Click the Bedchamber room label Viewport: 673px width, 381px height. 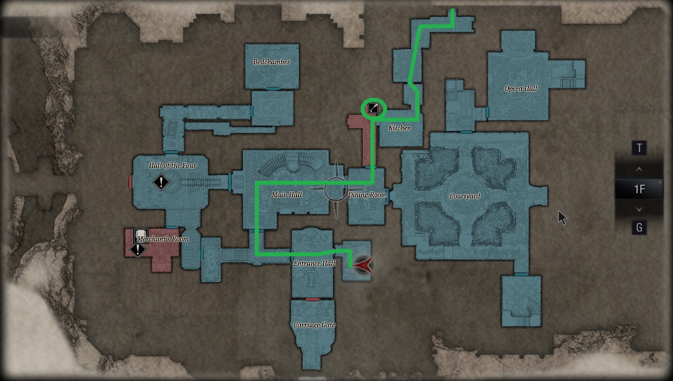pyautogui.click(x=271, y=62)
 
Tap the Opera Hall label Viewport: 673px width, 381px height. pyautogui.click(x=521, y=89)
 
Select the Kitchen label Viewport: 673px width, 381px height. pyautogui.click(x=399, y=128)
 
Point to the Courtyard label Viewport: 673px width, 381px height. pyautogui.click(x=464, y=196)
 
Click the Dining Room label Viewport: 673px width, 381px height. pyautogui.click(x=367, y=195)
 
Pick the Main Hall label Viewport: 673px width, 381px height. pyautogui.click(x=287, y=195)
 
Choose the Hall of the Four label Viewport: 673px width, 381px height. pyautogui.click(x=172, y=165)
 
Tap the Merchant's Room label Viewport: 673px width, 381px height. pyautogui.click(x=163, y=239)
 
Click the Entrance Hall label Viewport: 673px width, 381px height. pyautogui.click(x=314, y=263)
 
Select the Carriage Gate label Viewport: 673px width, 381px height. pyautogui.click(x=314, y=325)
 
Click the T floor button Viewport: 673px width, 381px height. pyautogui.click(x=639, y=148)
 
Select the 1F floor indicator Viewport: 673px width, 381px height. pyautogui.click(x=639, y=189)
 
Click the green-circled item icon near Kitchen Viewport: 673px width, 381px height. pyautogui.click(x=373, y=108)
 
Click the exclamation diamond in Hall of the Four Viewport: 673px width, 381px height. pyautogui.click(x=161, y=182)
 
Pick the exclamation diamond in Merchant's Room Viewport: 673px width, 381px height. pyautogui.click(x=137, y=250)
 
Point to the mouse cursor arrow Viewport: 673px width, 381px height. pyautogui.click(x=562, y=217)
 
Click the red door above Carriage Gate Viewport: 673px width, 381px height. pyautogui.click(x=312, y=299)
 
